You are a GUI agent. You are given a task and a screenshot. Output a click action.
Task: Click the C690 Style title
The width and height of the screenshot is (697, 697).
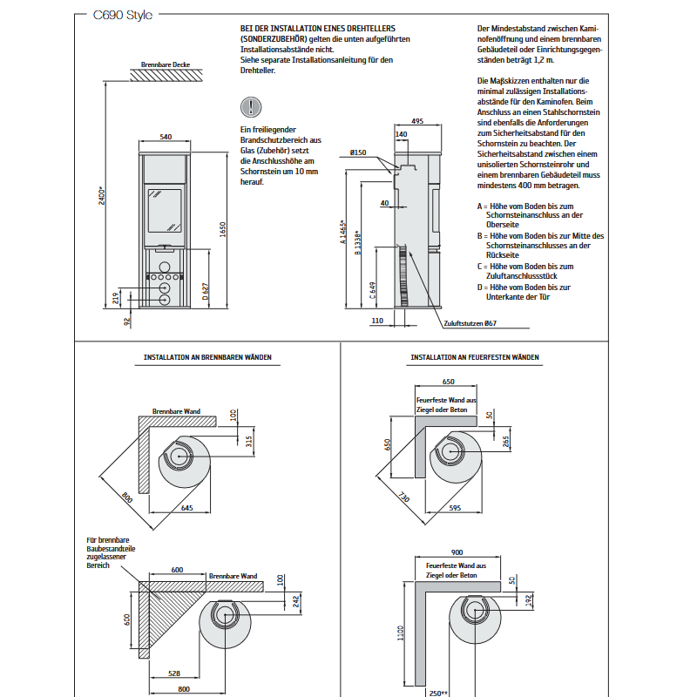click(x=123, y=15)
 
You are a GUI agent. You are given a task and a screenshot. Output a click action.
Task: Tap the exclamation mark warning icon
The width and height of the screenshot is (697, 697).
click(x=251, y=107)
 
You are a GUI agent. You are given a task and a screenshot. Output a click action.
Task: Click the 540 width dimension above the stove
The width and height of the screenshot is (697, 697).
click(x=166, y=137)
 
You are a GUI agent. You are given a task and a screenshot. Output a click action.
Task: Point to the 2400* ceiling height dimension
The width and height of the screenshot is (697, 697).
click(x=102, y=195)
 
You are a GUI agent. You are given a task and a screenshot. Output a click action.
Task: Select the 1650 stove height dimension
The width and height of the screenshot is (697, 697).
click(x=223, y=229)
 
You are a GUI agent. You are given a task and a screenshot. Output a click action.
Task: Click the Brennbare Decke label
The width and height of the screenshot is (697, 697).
click(x=166, y=64)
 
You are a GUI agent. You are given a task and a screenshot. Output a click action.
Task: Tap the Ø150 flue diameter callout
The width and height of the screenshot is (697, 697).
click(x=358, y=152)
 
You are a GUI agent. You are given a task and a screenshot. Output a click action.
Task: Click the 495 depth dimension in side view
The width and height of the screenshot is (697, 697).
click(x=417, y=121)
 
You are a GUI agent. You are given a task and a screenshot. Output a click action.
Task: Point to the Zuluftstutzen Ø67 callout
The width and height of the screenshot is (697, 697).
click(x=470, y=323)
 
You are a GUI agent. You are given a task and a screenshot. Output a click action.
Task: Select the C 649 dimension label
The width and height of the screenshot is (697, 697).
click(x=373, y=290)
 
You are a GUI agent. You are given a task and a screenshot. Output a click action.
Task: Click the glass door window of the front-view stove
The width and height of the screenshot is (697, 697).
click(x=165, y=211)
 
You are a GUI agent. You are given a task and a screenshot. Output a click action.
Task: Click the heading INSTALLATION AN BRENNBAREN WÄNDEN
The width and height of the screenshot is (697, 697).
click(x=207, y=357)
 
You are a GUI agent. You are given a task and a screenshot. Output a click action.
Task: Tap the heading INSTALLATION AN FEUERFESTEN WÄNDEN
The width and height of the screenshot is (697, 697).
click(x=474, y=357)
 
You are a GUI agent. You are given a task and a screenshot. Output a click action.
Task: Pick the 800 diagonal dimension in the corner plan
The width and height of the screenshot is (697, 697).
click(x=126, y=497)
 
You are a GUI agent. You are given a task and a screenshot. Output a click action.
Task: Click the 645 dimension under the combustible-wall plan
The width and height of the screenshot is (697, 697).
click(x=187, y=508)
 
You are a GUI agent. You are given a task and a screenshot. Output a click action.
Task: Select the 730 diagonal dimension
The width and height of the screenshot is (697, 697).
click(x=403, y=497)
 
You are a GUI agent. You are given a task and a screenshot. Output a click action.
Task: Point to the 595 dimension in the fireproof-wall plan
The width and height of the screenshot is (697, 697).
click(x=455, y=508)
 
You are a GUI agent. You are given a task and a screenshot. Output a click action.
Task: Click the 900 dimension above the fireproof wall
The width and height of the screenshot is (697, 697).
click(x=457, y=552)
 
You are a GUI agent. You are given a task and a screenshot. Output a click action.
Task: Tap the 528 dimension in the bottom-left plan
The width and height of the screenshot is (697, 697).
click(x=174, y=673)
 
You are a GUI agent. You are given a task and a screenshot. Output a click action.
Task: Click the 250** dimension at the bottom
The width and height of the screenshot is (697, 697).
click(x=438, y=693)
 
